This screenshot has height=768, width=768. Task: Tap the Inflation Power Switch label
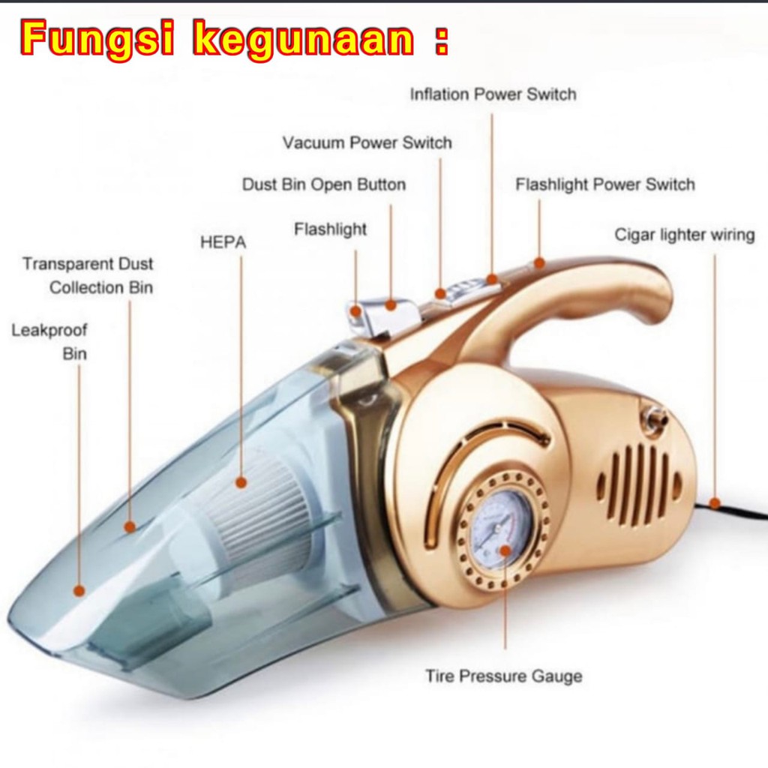tap(493, 94)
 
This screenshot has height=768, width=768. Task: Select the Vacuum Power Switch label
tap(367, 142)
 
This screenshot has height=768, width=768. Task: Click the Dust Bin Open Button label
tap(323, 184)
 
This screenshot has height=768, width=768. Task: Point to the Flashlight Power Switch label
tap(604, 184)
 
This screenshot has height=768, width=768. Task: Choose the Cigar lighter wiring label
tap(684, 235)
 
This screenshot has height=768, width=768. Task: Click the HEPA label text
tap(223, 242)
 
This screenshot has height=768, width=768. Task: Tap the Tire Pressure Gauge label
tap(503, 676)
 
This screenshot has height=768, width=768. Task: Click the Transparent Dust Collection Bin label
tap(88, 275)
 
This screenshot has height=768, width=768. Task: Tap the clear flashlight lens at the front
tap(358, 315)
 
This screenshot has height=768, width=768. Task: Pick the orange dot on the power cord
tap(714, 504)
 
